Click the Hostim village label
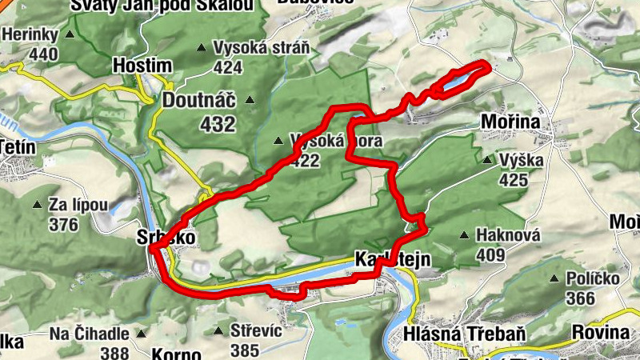pyautogui.click(x=142, y=64)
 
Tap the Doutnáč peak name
pyautogui.click(x=199, y=100)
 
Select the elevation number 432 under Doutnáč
pyautogui.click(x=218, y=124)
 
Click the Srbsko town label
pyautogui.click(x=166, y=238)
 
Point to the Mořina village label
pyautogui.click(x=510, y=122)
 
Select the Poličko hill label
pyautogui.click(x=594, y=278)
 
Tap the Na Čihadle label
pyautogui.click(x=88, y=333)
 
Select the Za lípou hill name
pyautogui.click(x=78, y=205)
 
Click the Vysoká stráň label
pyautogui.click(x=261, y=47)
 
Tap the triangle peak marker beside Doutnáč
pyautogui.click(x=250, y=100)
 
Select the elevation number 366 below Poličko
pyautogui.click(x=580, y=298)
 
